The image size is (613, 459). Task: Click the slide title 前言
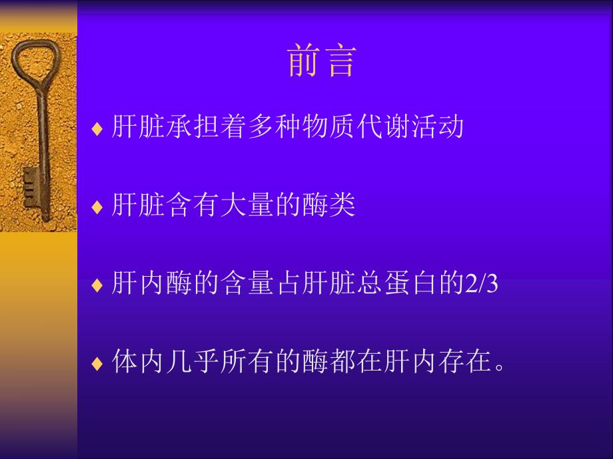click(322, 61)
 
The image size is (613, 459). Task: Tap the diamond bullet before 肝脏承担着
click(97, 128)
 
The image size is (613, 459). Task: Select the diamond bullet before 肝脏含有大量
click(97, 207)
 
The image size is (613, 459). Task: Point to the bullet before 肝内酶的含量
click(97, 285)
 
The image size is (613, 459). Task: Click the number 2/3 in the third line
click(481, 285)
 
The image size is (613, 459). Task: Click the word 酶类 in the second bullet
click(329, 205)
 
